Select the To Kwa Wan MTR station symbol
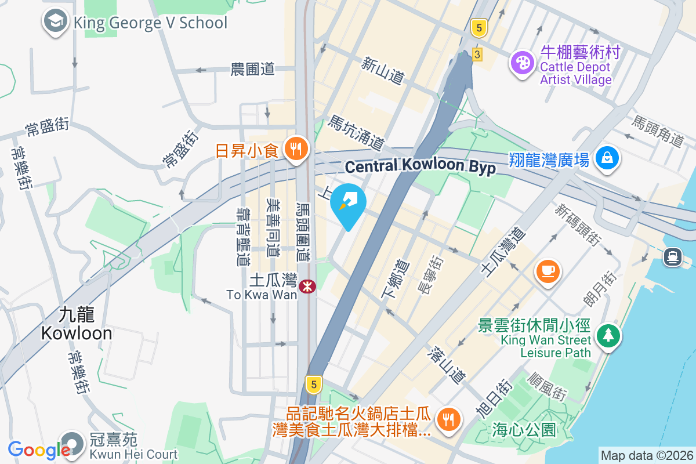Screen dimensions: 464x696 (x=307, y=285)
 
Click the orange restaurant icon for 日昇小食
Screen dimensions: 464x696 (x=296, y=149)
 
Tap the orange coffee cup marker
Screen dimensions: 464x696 (x=548, y=271)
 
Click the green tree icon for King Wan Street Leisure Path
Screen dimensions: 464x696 (x=607, y=335)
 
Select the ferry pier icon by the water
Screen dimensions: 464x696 (x=673, y=255)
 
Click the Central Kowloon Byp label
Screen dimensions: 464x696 (x=420, y=166)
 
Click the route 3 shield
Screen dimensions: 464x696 (x=477, y=55)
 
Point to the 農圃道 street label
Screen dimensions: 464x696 (x=252, y=70)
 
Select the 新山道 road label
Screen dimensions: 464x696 (x=383, y=70)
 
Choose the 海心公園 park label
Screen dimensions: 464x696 (x=524, y=430)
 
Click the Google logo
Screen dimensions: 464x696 (x=39, y=449)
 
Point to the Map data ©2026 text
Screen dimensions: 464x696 (x=646, y=455)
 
